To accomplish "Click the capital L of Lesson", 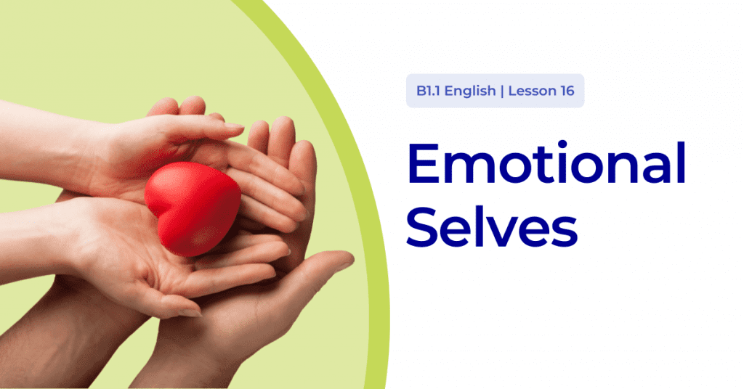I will click(x=511, y=92).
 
